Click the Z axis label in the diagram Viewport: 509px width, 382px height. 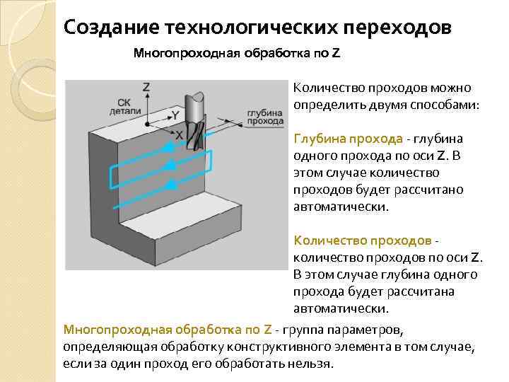[146, 87]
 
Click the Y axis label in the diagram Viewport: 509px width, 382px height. [175, 113]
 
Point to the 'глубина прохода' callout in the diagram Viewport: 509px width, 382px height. [265, 117]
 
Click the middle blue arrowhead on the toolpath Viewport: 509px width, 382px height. [170, 166]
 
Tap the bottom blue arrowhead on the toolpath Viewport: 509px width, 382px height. [170, 185]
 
